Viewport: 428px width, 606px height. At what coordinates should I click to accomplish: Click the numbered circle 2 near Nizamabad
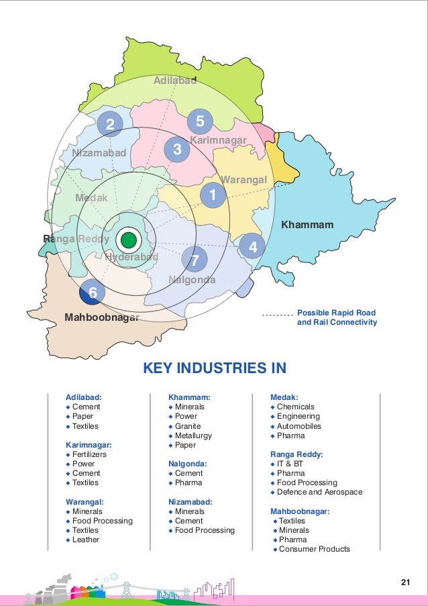pyautogui.click(x=110, y=123)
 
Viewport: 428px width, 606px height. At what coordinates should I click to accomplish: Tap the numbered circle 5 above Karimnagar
pyautogui.click(x=200, y=121)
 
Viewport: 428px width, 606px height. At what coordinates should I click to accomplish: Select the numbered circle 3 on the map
pyautogui.click(x=177, y=150)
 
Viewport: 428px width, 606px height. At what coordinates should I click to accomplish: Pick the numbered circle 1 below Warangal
pyautogui.click(x=213, y=195)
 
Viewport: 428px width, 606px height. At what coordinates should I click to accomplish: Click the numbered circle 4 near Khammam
pyautogui.click(x=252, y=247)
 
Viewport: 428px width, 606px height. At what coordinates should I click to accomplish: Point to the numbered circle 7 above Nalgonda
pyautogui.click(x=195, y=259)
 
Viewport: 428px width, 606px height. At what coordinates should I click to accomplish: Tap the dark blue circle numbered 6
pyautogui.click(x=93, y=293)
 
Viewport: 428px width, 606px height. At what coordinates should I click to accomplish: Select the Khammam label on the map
pyautogui.click(x=307, y=224)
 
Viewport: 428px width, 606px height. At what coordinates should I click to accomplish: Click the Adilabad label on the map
pyautogui.click(x=175, y=81)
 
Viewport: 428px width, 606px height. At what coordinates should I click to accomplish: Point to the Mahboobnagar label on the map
pyautogui.click(x=101, y=317)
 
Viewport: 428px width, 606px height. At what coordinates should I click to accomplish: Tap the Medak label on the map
pyautogui.click(x=91, y=198)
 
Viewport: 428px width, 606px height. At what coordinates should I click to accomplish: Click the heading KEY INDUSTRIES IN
pyautogui.click(x=215, y=368)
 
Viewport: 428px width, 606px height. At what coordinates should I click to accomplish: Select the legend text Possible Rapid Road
pyautogui.click(x=336, y=313)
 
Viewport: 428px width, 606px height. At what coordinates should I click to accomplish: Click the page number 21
pyautogui.click(x=405, y=582)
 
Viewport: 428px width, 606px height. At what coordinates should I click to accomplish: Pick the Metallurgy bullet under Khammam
pyautogui.click(x=193, y=436)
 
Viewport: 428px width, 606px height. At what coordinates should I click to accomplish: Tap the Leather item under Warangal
pyautogui.click(x=86, y=540)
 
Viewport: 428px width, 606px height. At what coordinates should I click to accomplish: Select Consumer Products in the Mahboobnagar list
pyautogui.click(x=314, y=549)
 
